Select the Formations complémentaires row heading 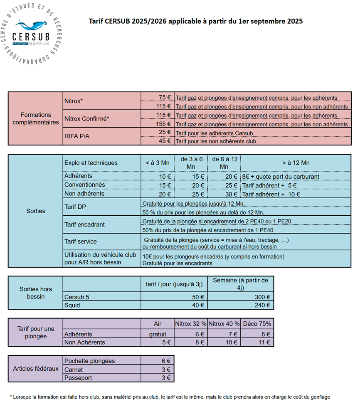[35, 118]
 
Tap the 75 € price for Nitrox [165, 97]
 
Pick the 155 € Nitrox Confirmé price [163, 124]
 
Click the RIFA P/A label [77, 136]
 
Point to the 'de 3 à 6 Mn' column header [191, 163]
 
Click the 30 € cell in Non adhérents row [231, 194]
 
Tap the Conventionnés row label [85, 185]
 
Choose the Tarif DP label [75, 207]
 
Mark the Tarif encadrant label [84, 224]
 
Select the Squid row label [72, 305]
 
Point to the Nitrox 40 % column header [224, 323]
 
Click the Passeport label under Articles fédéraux [78, 378]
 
